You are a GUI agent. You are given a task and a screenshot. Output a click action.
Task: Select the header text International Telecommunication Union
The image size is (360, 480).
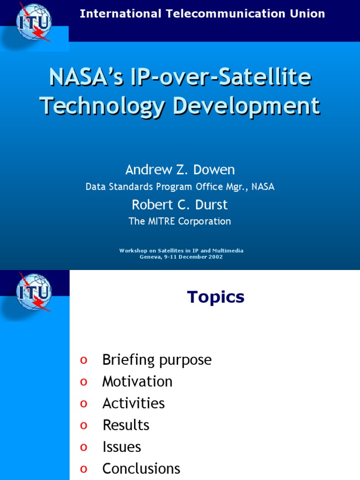pos(202,14)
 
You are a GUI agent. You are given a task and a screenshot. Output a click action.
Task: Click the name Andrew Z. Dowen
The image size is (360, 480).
pos(180,170)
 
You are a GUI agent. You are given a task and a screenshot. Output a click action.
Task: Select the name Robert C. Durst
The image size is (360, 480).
pos(180,204)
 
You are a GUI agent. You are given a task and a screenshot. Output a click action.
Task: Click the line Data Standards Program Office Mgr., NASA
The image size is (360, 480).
pos(180,187)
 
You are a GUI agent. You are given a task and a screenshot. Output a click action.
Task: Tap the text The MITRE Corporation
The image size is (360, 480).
pos(180,221)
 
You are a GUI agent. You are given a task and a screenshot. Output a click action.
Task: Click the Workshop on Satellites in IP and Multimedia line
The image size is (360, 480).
pos(181,251)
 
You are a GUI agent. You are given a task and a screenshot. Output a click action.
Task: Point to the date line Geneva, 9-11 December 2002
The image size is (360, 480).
pos(181,257)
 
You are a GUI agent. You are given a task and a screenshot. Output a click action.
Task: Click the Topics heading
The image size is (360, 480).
pos(216,297)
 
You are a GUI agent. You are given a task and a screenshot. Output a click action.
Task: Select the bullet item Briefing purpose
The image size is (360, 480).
pos(157,360)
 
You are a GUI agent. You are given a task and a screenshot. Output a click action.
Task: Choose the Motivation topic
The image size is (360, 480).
pos(137,382)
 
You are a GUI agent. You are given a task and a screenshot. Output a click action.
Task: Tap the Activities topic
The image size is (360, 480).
pos(134,403)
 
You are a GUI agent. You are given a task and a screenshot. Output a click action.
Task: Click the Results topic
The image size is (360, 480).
pos(126,425)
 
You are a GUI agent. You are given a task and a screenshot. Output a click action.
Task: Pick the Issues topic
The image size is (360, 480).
pos(121,447)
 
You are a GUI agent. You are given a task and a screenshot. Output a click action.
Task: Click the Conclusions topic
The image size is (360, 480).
pos(141,468)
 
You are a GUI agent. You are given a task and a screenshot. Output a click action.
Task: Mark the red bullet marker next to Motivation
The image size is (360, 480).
pos(83,382)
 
